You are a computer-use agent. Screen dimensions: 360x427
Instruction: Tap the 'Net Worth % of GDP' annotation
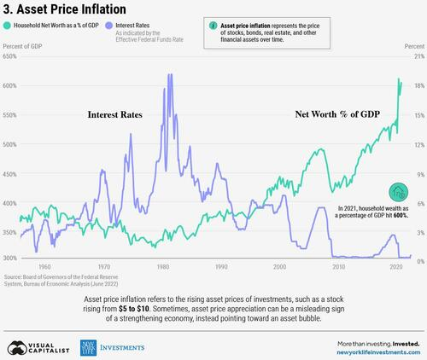336,113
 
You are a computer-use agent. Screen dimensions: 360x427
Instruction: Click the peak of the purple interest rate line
170,75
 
